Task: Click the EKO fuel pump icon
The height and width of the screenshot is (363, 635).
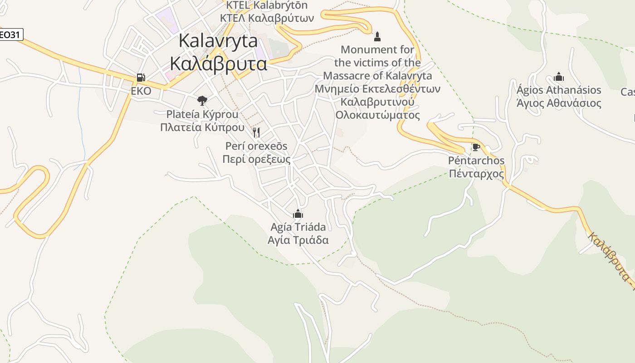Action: pyautogui.click(x=141, y=78)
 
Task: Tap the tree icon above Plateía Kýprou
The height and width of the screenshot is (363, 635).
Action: pyautogui.click(x=202, y=100)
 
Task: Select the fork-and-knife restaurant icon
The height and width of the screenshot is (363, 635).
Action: pyautogui.click(x=256, y=132)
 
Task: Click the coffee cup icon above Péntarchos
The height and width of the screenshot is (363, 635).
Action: pyautogui.click(x=476, y=147)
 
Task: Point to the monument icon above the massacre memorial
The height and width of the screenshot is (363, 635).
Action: pyautogui.click(x=377, y=36)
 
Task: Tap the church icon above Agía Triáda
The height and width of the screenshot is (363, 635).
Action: pyautogui.click(x=298, y=213)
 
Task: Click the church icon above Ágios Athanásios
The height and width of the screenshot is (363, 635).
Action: pyautogui.click(x=559, y=77)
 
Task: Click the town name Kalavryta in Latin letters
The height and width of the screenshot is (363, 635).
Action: pyautogui.click(x=218, y=41)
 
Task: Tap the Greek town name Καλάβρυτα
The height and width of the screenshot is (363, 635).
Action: pyautogui.click(x=218, y=64)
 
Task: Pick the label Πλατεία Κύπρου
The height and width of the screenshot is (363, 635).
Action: pyautogui.click(x=202, y=128)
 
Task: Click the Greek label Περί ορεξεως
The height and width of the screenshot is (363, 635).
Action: pyautogui.click(x=256, y=159)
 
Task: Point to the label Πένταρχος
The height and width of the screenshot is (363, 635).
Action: pyautogui.click(x=476, y=174)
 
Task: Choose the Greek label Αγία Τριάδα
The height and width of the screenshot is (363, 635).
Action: pyautogui.click(x=298, y=240)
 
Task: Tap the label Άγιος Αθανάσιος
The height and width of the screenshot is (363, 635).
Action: pyautogui.click(x=559, y=103)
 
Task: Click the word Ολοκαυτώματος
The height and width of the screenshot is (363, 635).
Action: pyautogui.click(x=377, y=115)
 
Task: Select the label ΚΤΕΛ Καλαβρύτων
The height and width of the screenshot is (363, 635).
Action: pyautogui.click(x=267, y=18)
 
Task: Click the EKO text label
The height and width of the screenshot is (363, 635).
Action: pyautogui.click(x=141, y=92)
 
